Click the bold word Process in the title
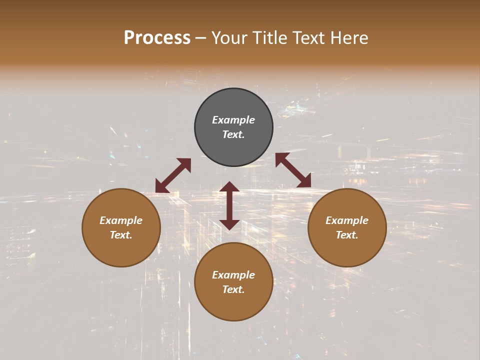tap(157, 38)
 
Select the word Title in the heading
tap(269, 38)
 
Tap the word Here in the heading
tap(348, 38)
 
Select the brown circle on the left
tap(121, 250)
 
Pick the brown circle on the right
tap(347, 250)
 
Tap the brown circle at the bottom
tap(233, 305)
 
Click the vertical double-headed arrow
tap(229, 205)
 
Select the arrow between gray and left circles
tap(173, 175)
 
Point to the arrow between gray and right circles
tap(293, 170)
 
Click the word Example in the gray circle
tap(233, 120)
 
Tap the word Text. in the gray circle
tap(233, 134)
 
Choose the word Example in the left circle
tap(121, 220)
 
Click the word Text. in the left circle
tap(121, 235)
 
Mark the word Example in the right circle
tap(347, 220)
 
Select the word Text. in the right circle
tap(347, 235)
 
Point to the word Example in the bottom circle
tap(233, 275)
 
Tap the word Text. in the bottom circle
tap(233, 289)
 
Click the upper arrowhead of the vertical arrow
tap(229, 187)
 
